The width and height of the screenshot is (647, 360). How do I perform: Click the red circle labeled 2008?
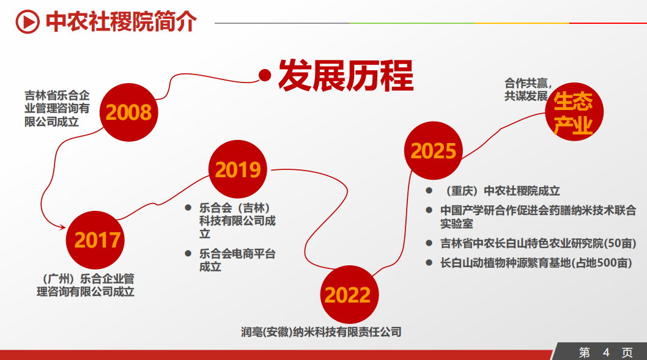pyautogui.click(x=129, y=112)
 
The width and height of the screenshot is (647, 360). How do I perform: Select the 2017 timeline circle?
pyautogui.click(x=95, y=240)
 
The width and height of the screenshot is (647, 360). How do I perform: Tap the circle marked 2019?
pyautogui.click(x=238, y=169)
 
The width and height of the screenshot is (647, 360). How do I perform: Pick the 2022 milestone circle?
pyautogui.click(x=349, y=295)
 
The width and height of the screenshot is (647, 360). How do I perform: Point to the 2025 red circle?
pyautogui.click(x=433, y=150)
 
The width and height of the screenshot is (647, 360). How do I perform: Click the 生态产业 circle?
pyautogui.click(x=574, y=112)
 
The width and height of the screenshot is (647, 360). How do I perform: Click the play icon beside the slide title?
pyautogui.click(x=28, y=21)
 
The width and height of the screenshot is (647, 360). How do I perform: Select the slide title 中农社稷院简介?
pyautogui.click(x=121, y=21)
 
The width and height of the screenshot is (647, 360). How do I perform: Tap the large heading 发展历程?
pyautogui.click(x=346, y=75)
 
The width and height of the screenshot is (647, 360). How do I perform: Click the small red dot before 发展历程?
pyautogui.click(x=265, y=75)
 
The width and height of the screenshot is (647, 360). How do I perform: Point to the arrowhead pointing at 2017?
pyautogui.click(x=62, y=227)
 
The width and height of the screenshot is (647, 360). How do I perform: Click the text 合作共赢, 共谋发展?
pyautogui.click(x=528, y=89)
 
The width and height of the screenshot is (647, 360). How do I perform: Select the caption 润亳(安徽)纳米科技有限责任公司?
pyautogui.click(x=321, y=332)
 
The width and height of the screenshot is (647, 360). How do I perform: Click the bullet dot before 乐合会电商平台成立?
pyautogui.click(x=188, y=253)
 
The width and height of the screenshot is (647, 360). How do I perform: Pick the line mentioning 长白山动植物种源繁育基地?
pyautogui.click(x=536, y=263)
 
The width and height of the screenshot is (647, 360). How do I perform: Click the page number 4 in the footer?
pyautogui.click(x=606, y=353)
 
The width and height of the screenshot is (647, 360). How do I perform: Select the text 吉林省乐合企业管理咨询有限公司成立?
pyautogui.click(x=57, y=109)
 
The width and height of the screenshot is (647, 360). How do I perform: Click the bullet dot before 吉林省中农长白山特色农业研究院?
pyautogui.click(x=429, y=243)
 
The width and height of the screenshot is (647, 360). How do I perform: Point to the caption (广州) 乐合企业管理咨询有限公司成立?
pyautogui.click(x=86, y=285)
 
